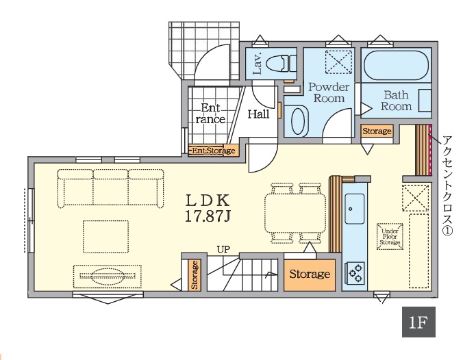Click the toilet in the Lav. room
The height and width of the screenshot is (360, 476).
pyautogui.click(x=281, y=64)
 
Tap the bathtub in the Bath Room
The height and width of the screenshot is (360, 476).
pyautogui.click(x=396, y=66)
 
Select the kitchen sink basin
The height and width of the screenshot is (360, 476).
pyautogui.click(x=354, y=209)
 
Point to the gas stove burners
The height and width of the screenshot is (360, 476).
pyautogui.click(x=355, y=272)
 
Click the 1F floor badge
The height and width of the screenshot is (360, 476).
pyautogui.click(x=418, y=322)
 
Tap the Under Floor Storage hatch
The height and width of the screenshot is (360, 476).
pyautogui.click(x=390, y=237)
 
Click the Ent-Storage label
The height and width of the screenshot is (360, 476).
pyautogui.click(x=214, y=151)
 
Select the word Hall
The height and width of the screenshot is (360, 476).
pyautogui.click(x=259, y=114)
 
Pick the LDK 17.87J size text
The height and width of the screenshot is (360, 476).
pyautogui.click(x=208, y=208)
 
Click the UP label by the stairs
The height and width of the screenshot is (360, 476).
pyautogui.click(x=223, y=250)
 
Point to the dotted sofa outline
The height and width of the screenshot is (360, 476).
pyautogui.click(x=111, y=188)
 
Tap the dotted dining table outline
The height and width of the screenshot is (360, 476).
pyautogui.click(x=295, y=213)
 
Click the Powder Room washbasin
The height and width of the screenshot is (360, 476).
pyautogui.click(x=297, y=120)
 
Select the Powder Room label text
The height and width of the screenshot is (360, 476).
pyautogui.click(x=329, y=92)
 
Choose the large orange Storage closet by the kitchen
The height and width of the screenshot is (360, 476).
pyautogui.click(x=310, y=274)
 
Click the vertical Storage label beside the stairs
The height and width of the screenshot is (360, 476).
pyautogui.click(x=195, y=275)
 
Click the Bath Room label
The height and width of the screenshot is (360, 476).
pyautogui.click(x=396, y=101)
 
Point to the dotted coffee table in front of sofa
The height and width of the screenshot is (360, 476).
pyautogui.click(x=105, y=237)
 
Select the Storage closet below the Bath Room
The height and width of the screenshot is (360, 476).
pyautogui.click(x=377, y=131)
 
